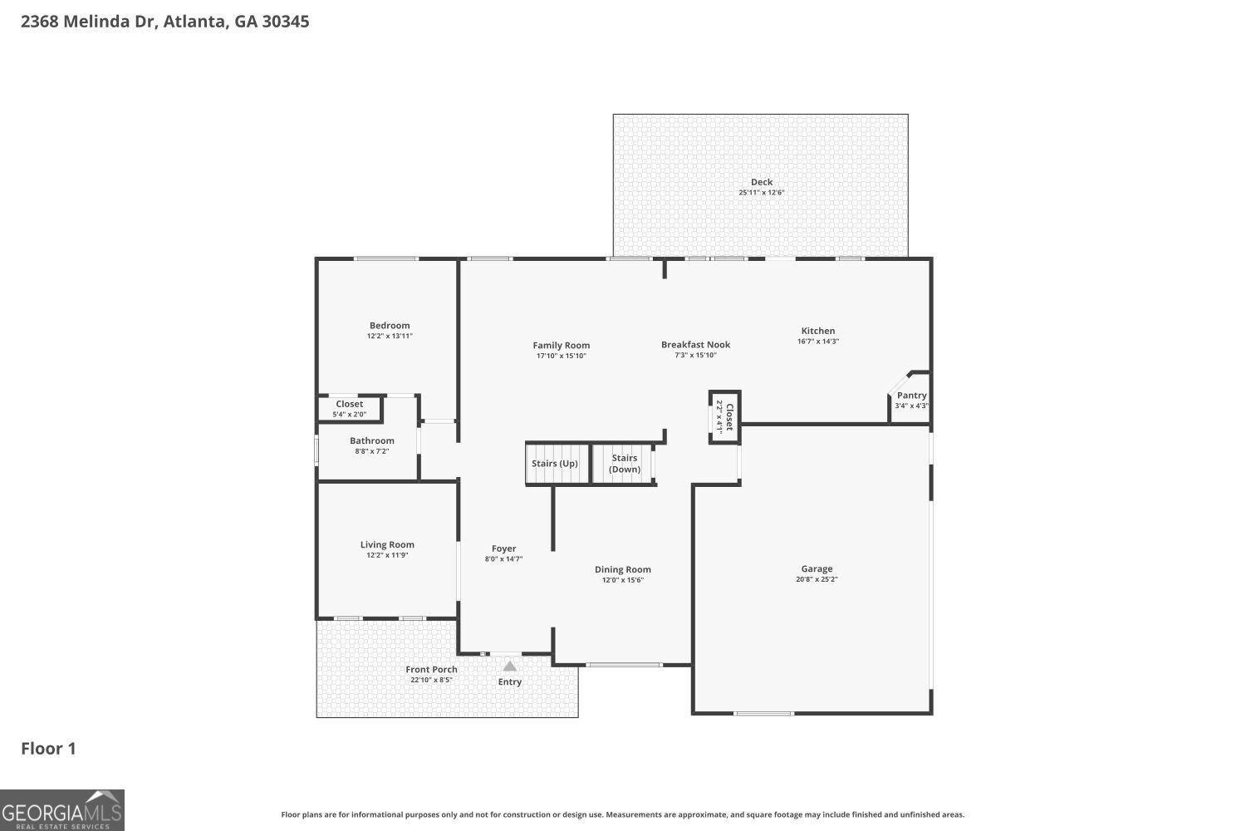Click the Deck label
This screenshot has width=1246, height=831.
(x=761, y=182)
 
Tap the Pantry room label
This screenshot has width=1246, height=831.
(x=911, y=396)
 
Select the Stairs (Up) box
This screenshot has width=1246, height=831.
(x=555, y=464)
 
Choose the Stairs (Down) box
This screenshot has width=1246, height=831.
(x=625, y=464)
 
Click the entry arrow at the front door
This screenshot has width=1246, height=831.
(x=509, y=666)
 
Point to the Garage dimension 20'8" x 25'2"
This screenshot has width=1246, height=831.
(x=817, y=580)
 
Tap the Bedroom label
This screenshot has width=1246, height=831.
(x=390, y=326)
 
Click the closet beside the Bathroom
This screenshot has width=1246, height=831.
(x=349, y=409)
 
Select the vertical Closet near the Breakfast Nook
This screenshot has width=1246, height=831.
(x=724, y=416)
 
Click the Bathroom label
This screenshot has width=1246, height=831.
(x=371, y=441)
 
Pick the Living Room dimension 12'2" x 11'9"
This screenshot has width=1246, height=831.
(x=387, y=555)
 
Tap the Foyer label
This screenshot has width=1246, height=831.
(x=503, y=548)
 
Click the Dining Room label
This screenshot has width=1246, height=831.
(x=622, y=570)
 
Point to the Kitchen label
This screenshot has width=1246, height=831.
(x=817, y=331)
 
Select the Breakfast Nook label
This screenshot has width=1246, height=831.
(x=695, y=345)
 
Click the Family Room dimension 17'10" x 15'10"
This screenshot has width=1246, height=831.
(x=562, y=356)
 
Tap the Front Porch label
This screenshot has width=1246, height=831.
(x=431, y=670)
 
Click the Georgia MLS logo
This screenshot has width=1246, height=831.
(x=62, y=810)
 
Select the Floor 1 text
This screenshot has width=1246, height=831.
(x=48, y=749)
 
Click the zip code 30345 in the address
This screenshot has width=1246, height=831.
(x=285, y=22)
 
